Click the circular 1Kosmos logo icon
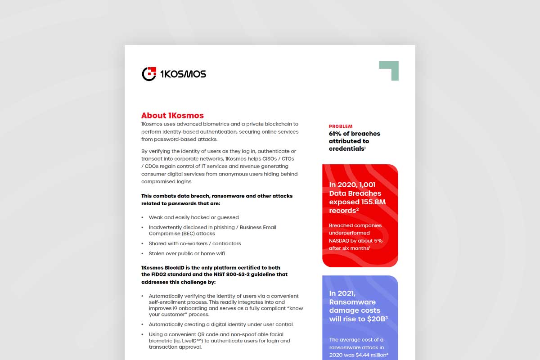149,74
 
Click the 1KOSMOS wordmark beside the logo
183,74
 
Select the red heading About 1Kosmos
172,115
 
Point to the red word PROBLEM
341,126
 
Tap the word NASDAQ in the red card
342,240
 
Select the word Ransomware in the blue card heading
352,302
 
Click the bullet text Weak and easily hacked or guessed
194,217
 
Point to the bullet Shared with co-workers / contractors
195,243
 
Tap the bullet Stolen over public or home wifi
187,253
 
